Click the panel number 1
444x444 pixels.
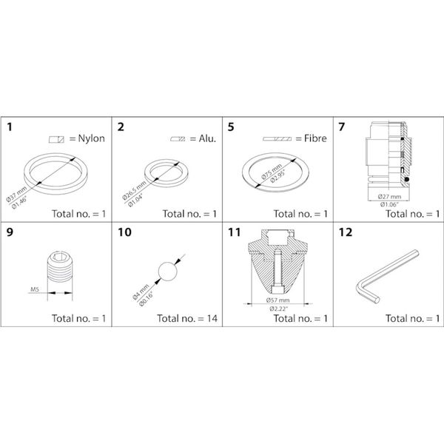point(10,127)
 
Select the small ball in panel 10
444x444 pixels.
point(169,271)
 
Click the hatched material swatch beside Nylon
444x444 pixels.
point(57,138)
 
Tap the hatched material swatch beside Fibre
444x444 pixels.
point(277,138)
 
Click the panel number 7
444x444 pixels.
point(341,127)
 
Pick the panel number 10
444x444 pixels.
point(124,232)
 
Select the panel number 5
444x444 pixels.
point(231,127)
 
